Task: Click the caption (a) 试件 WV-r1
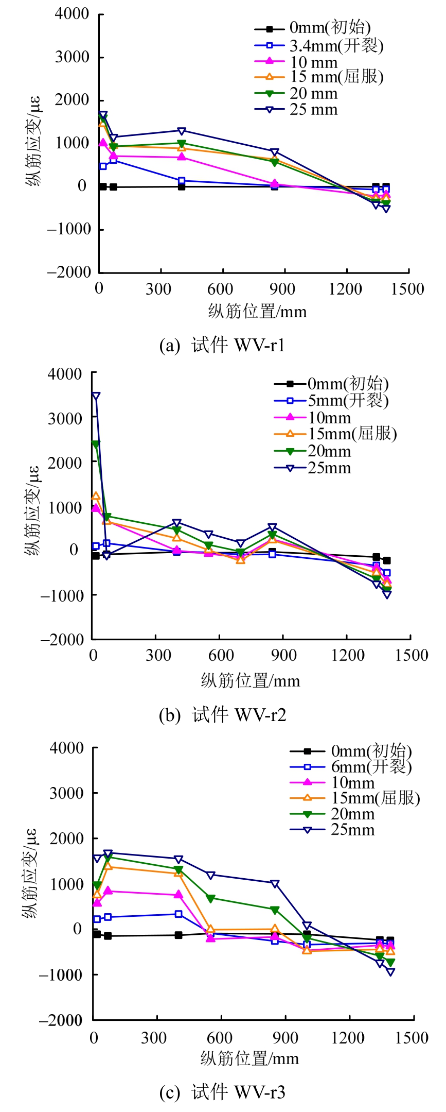[x=222, y=345]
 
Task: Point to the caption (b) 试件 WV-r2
[x=222, y=715]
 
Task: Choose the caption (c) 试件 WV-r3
[x=222, y=1092]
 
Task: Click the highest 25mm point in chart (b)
[x=96, y=396]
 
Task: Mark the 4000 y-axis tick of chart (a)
[x=72, y=14]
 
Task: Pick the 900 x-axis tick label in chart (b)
[x=283, y=656]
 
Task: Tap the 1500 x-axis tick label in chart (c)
[x=412, y=1038]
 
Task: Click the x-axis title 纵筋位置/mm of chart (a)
[x=257, y=312]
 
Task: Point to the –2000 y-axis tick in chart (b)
[x=62, y=639]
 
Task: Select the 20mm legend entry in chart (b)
[x=329, y=451]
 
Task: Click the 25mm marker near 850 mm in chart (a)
[x=274, y=152]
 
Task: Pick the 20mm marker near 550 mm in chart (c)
[x=210, y=898]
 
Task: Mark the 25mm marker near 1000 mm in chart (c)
[x=307, y=926]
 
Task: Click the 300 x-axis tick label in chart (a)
[x=158, y=289]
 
